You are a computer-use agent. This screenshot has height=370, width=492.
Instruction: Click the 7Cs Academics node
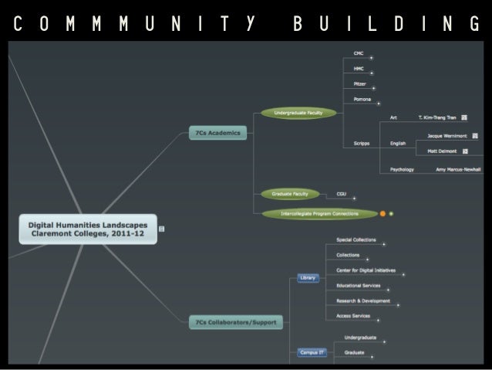(217, 133)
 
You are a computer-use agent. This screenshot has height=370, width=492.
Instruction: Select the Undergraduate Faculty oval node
(298, 113)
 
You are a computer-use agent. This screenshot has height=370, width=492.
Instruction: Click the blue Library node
(308, 277)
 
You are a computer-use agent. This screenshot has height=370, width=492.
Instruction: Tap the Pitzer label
(359, 83)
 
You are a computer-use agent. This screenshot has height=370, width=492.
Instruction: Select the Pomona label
(362, 99)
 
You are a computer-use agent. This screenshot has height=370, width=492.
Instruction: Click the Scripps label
(362, 143)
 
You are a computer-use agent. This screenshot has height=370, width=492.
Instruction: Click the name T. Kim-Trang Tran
(437, 117)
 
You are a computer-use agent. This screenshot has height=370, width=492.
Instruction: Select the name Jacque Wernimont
(447, 135)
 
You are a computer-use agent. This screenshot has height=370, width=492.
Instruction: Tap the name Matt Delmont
(442, 151)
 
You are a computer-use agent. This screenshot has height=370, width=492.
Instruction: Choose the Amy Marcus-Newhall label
(458, 169)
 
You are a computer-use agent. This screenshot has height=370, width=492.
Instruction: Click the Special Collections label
(356, 239)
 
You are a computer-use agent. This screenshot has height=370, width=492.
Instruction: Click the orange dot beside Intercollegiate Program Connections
(382, 213)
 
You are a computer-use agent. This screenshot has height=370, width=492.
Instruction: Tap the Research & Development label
(363, 300)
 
